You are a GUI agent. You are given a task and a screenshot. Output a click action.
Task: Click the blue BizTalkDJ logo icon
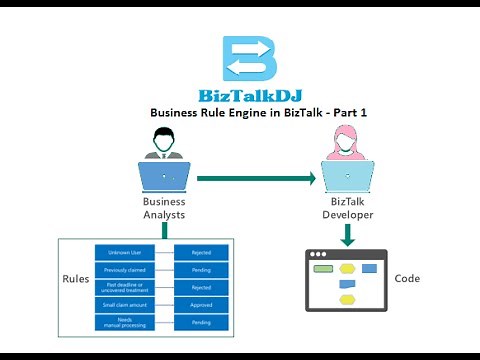[x=247, y=60]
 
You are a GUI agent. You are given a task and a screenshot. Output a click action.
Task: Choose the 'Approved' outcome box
[x=201, y=305]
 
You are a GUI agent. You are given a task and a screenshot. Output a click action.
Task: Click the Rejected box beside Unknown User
[x=201, y=252]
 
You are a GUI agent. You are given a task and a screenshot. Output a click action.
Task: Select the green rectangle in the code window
[x=323, y=269]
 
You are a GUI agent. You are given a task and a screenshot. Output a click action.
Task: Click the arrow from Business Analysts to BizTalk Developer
[x=255, y=178]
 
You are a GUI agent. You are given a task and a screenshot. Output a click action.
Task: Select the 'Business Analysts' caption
[x=164, y=207]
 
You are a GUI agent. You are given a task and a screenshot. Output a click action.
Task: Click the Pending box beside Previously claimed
[x=201, y=270]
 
